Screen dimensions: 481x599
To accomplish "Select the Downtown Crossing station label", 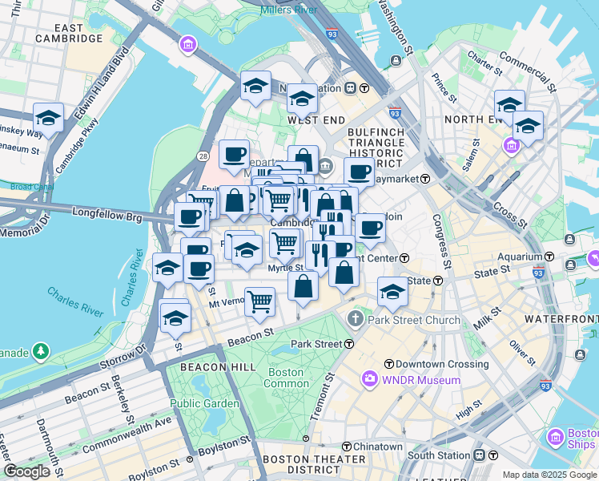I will pyautogui.click(x=429, y=364).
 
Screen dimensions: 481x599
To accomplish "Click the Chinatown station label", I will pyautogui.click(x=378, y=447).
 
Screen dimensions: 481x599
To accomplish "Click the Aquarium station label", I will pyautogui.click(x=520, y=257).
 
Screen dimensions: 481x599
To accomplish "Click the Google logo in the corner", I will pyautogui.click(x=26, y=471).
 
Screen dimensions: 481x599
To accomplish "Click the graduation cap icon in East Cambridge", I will pyautogui.click(x=48, y=118).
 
